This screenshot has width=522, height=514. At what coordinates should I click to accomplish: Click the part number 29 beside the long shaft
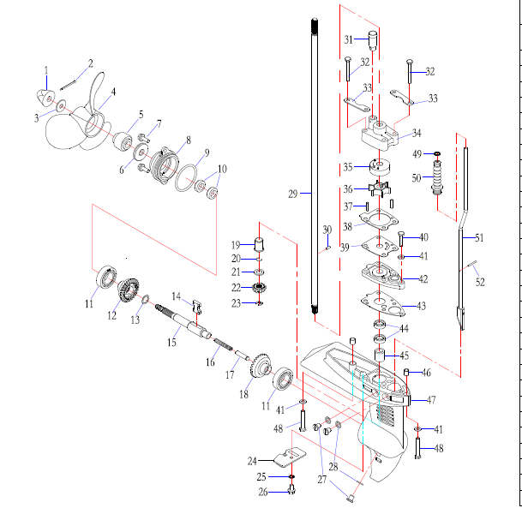tap(292, 194)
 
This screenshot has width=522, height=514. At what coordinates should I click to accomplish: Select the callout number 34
tap(417, 133)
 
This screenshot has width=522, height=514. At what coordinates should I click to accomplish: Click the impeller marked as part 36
tap(374, 188)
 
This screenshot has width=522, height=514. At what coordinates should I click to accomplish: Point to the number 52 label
tap(480, 282)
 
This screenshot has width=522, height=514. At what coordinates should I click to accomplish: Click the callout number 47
tap(431, 400)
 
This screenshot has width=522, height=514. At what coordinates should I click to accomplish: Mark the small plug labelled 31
tap(372, 39)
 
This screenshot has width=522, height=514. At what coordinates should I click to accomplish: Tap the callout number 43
tap(421, 306)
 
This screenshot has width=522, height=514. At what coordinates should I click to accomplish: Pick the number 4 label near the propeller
tap(113, 92)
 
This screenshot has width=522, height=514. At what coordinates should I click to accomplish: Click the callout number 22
tap(237, 287)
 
